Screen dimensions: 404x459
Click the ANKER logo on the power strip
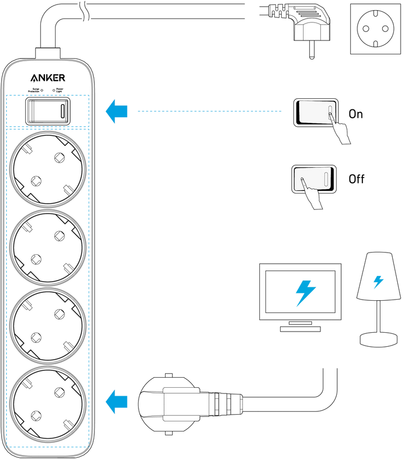[x=48, y=78]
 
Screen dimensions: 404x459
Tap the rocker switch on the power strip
[x=48, y=111]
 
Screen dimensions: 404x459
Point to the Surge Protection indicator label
[x=34, y=90]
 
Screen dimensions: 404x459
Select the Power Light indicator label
[x=59, y=90]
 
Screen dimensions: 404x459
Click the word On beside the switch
[x=356, y=114]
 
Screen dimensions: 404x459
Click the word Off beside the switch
[x=356, y=179]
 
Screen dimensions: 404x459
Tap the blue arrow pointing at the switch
[x=117, y=111]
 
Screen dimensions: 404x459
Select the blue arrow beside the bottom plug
[x=117, y=401]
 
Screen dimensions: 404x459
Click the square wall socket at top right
[x=375, y=29]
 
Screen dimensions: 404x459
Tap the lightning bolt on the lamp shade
[x=378, y=282]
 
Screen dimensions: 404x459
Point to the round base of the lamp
[x=379, y=339]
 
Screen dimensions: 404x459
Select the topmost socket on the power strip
[x=48, y=169]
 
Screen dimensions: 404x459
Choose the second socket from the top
[x=48, y=247]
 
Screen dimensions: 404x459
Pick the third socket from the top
[x=48, y=326]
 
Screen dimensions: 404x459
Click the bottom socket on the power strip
[x=48, y=404]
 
